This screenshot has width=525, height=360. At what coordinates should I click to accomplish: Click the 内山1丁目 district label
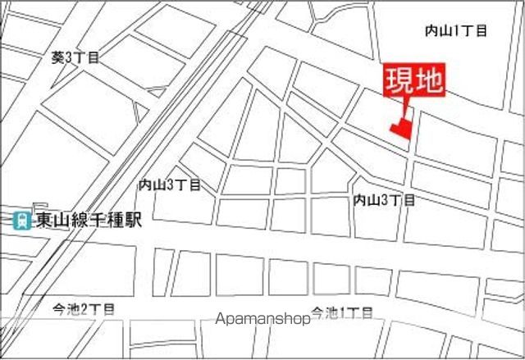455,30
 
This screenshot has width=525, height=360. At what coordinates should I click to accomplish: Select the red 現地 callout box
414,80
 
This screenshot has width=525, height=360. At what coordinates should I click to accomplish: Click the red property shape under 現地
400,129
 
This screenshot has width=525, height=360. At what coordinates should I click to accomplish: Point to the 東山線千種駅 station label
89,220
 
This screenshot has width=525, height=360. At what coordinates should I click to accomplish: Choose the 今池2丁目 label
84,309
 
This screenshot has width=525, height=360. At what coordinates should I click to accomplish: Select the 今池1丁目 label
341,312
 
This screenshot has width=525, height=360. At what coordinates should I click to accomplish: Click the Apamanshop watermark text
262,318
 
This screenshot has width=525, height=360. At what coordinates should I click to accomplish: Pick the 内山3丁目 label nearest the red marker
384,199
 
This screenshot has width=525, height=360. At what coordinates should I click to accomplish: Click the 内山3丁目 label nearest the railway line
170,185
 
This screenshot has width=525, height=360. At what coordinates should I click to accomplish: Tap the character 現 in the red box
401,80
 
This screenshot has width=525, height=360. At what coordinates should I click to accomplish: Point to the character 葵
57,57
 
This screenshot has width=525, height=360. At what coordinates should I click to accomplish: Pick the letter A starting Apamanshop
219,318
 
